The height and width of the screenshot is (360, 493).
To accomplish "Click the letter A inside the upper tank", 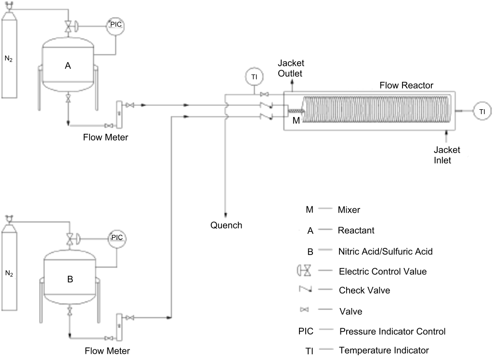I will [68, 66].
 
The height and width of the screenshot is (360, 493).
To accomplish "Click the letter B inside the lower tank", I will [70, 279].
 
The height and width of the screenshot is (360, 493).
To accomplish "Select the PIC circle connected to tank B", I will [117, 237].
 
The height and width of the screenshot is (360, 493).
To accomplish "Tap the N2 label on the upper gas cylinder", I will [9, 59].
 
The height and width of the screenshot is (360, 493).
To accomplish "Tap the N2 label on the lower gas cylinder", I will [9, 273].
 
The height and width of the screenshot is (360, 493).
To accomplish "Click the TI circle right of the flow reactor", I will [482, 111].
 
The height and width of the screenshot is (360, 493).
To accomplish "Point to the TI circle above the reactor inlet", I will [254, 77].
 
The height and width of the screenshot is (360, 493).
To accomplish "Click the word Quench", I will [226, 225].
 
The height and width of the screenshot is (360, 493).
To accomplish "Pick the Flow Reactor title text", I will [406, 85].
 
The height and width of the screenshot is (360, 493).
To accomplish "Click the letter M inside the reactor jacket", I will [297, 120].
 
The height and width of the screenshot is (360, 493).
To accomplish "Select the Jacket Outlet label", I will [291, 68].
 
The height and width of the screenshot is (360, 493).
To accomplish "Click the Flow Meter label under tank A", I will [105, 138].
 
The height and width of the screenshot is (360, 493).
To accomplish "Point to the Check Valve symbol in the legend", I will [306, 290].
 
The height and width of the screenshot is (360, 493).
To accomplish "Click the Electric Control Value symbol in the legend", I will [305, 271].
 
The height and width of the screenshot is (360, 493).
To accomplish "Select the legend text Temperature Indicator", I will [384, 350].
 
